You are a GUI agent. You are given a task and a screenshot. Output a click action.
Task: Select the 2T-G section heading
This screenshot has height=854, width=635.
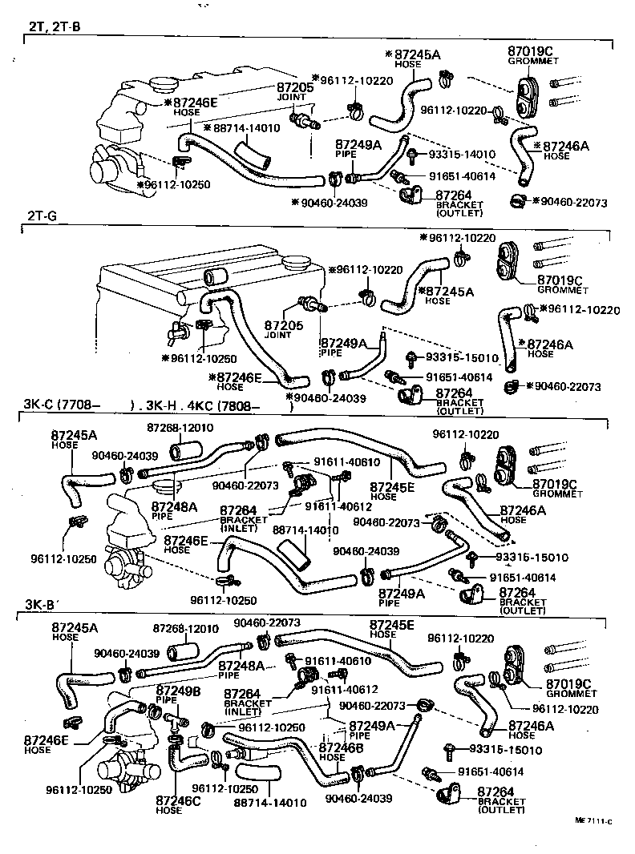[38, 216]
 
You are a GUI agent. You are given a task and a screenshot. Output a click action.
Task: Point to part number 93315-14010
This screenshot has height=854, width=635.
[462, 154]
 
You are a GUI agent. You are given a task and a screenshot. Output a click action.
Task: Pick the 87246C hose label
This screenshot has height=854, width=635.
[170, 800]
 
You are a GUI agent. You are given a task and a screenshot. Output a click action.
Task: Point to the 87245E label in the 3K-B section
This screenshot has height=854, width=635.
[393, 624]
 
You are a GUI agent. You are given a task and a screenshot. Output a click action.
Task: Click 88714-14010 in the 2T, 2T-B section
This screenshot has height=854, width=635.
[245, 127]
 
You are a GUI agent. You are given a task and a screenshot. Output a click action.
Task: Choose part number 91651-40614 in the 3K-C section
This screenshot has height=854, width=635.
[523, 577]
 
